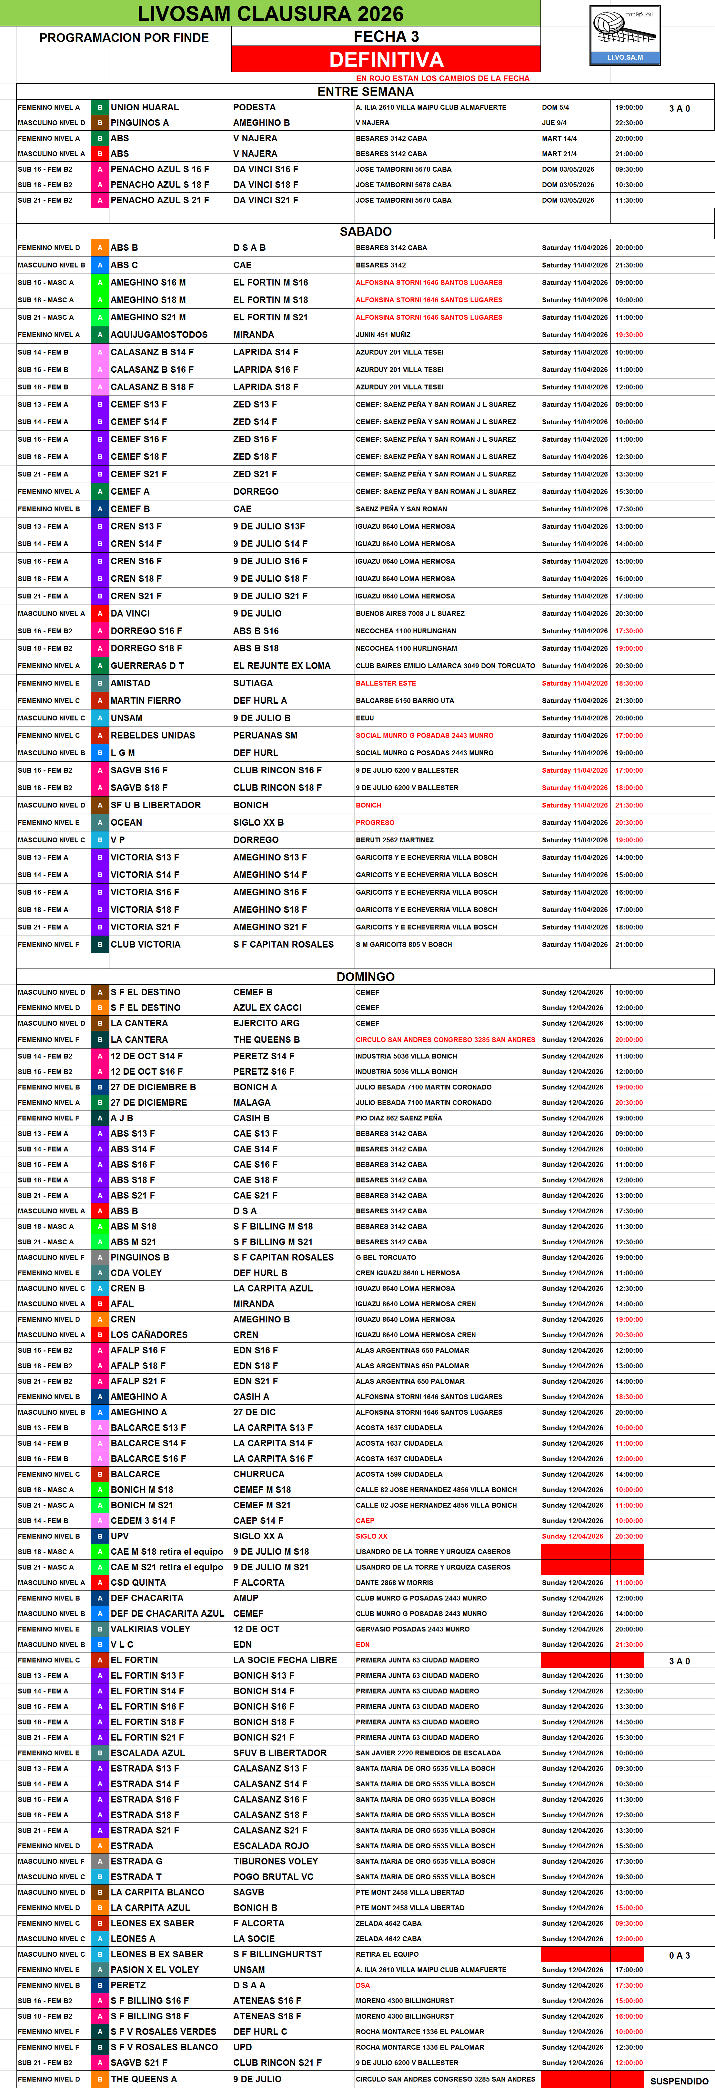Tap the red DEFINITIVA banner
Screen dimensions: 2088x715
[x=386, y=59]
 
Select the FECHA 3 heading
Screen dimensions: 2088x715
[x=386, y=36]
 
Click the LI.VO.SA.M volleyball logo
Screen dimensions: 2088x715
[x=625, y=35]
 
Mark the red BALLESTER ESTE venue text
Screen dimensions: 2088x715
[x=386, y=683]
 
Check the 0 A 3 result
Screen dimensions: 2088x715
[x=679, y=1955]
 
